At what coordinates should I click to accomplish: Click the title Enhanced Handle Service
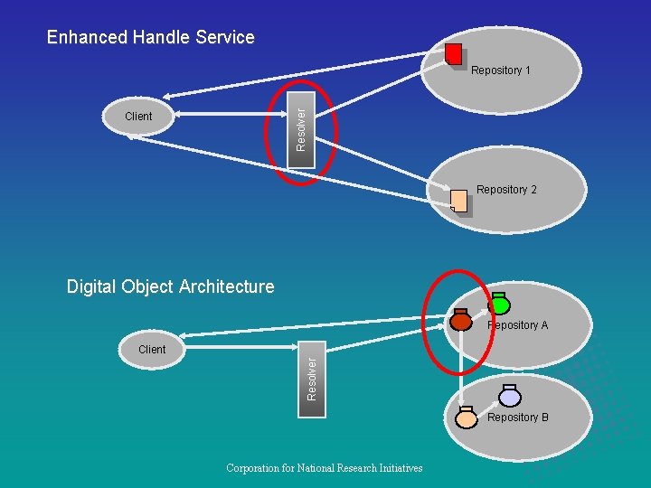(x=151, y=37)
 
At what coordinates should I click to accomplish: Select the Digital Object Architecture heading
(x=170, y=286)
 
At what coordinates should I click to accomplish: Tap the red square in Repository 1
(x=454, y=53)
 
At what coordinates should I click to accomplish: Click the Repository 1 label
(x=501, y=70)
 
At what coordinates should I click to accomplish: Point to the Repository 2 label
(x=506, y=190)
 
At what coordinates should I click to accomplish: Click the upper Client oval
(x=138, y=116)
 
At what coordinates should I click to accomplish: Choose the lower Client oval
(x=152, y=349)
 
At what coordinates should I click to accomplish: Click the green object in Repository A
(x=499, y=305)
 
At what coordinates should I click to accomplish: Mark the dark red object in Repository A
(x=460, y=320)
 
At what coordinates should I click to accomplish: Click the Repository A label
(x=518, y=325)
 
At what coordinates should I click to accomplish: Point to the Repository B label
(x=518, y=418)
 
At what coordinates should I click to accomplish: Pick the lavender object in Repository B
(x=510, y=397)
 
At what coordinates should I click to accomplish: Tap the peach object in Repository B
(x=467, y=418)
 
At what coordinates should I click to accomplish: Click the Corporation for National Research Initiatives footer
(x=325, y=468)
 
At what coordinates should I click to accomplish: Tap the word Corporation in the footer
(x=256, y=468)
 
